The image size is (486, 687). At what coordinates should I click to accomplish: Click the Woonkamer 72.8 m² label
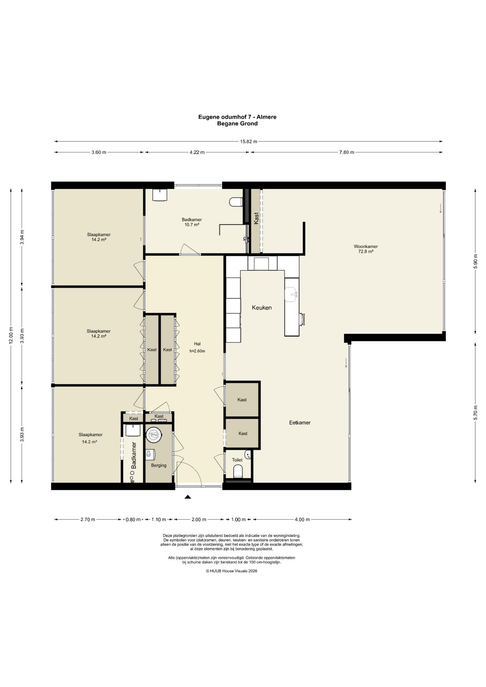click(x=366, y=249)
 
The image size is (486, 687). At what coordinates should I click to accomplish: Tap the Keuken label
click(x=262, y=308)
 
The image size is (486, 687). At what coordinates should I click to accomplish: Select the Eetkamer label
click(x=300, y=423)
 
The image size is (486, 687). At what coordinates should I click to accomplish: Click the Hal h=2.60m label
click(x=197, y=347)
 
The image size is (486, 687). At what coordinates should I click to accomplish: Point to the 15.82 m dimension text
click(x=248, y=141)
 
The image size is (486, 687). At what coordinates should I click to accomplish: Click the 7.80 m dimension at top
click(x=346, y=152)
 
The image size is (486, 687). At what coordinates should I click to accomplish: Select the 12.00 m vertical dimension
click(x=11, y=336)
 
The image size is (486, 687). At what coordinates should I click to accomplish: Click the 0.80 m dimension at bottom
click(x=133, y=520)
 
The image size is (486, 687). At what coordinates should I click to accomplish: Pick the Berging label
click(x=159, y=466)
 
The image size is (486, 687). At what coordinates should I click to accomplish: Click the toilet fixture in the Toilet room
click(x=238, y=472)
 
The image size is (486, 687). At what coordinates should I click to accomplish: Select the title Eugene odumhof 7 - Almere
click(x=237, y=117)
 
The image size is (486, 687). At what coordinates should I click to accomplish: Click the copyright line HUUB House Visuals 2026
click(x=232, y=571)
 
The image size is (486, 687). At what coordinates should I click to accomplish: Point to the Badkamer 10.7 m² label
click(x=192, y=222)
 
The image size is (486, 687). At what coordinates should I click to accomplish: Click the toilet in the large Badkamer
click(x=236, y=202)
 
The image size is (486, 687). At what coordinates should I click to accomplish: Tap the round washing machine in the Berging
click(x=154, y=435)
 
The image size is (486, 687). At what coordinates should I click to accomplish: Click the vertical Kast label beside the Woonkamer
click(x=256, y=218)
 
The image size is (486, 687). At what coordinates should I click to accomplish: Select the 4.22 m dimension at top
click(x=197, y=152)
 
